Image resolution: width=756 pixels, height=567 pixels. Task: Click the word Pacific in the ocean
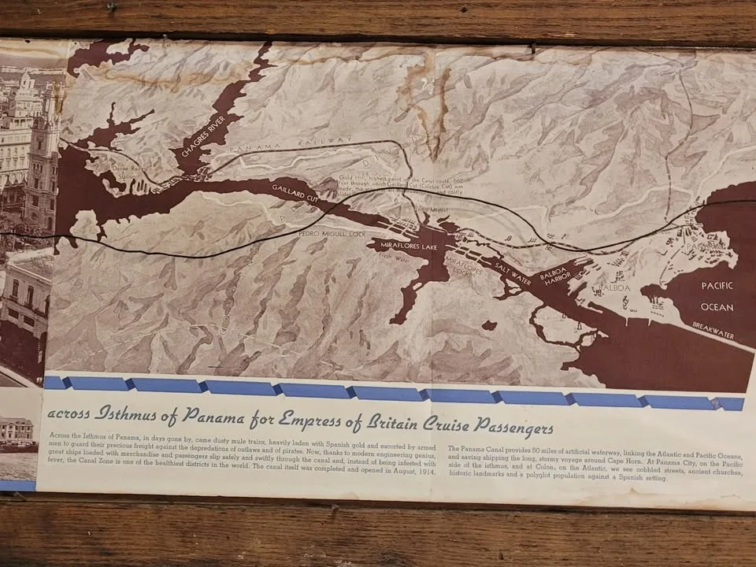click(x=717, y=290)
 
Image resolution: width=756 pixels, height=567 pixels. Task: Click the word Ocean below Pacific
click(x=717, y=307)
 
